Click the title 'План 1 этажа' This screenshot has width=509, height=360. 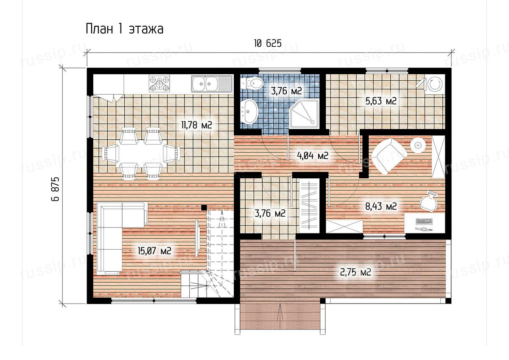tap(125, 29)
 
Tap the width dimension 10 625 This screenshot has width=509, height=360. tap(268, 43)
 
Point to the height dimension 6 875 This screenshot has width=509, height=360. tap(55, 189)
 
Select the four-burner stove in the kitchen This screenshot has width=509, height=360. tap(159, 84)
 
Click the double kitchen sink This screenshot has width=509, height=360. tap(212, 84)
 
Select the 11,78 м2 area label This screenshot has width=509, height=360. tap(196, 125)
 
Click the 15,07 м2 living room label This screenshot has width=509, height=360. tap(154, 251)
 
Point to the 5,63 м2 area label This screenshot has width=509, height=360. tap(381, 101)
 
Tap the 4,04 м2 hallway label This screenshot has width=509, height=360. tap(313, 156)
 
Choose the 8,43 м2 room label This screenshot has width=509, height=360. tap(381, 206)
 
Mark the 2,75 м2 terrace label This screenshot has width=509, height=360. tap(355, 272)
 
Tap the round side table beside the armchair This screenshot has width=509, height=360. tap(418, 145)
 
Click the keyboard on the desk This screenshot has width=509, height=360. tap(424, 221)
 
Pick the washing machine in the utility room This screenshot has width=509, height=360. tap(435, 84)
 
